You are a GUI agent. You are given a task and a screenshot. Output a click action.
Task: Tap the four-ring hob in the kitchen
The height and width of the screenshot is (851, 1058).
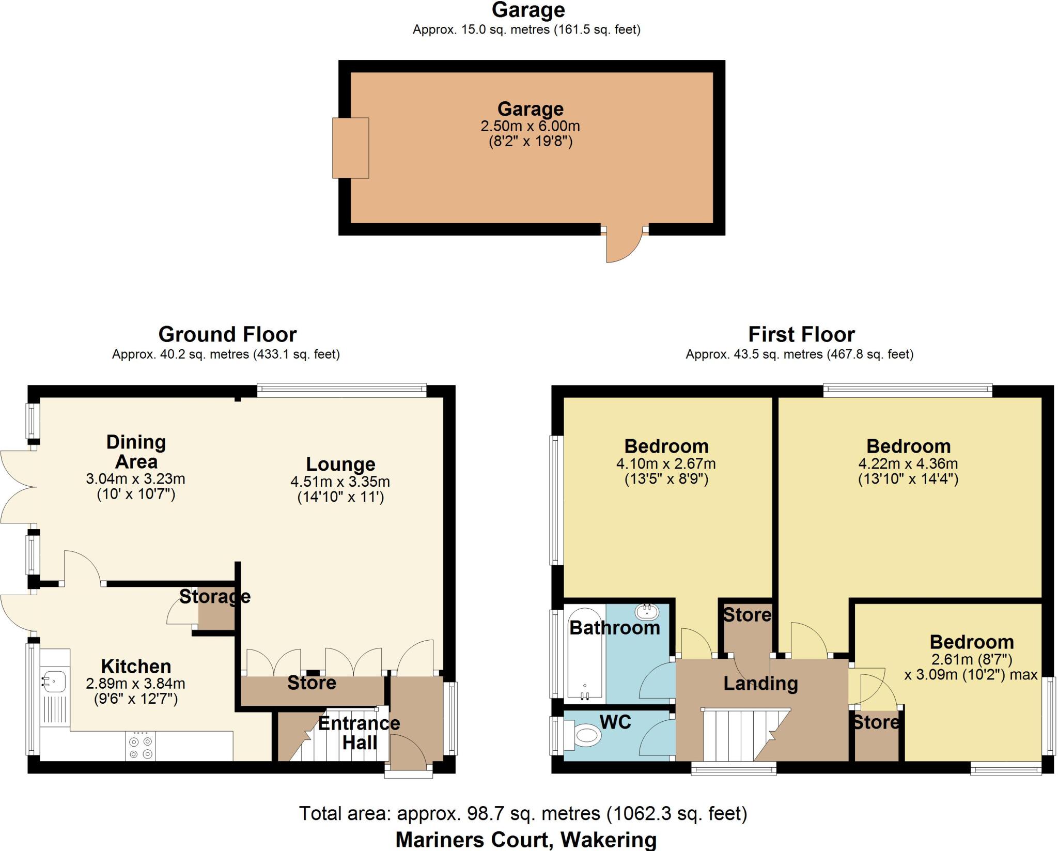[x=141, y=747]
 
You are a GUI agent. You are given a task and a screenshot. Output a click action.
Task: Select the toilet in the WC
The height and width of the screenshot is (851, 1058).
[x=587, y=735]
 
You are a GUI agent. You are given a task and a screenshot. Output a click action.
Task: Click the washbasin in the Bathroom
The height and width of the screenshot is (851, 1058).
[x=647, y=612]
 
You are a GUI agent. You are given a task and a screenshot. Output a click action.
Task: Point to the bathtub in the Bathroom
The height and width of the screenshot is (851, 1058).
[x=585, y=654]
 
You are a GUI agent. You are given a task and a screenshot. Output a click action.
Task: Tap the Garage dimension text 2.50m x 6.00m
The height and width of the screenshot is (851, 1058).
[x=530, y=126]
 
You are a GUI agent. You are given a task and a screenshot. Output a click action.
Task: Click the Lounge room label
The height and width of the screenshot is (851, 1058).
[x=340, y=464]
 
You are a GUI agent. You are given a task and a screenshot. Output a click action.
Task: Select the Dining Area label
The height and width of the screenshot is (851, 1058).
[x=136, y=452]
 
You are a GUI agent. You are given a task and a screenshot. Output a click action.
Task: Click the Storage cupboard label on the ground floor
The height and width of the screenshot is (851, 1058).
[x=215, y=597]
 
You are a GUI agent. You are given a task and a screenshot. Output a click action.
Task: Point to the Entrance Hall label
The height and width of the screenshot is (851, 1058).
[x=359, y=733]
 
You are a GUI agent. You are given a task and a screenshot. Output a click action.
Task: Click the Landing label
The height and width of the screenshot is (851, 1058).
[x=760, y=684]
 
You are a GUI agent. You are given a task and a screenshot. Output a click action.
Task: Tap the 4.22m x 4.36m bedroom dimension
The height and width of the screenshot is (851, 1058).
[x=908, y=463]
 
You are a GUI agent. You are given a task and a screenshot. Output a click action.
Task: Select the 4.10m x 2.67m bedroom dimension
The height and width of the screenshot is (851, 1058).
[x=666, y=463]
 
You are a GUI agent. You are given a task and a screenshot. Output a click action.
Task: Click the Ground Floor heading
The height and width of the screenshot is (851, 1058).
[x=227, y=334]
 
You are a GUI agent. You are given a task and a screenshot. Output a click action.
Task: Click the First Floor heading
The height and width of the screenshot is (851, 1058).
[x=801, y=334]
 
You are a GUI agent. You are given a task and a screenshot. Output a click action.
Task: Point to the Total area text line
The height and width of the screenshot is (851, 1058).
[x=523, y=813]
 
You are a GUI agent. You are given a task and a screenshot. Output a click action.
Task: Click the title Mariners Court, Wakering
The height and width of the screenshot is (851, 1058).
[x=526, y=840]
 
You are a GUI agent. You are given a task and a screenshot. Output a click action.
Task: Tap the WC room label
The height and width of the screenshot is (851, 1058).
[x=615, y=722]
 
